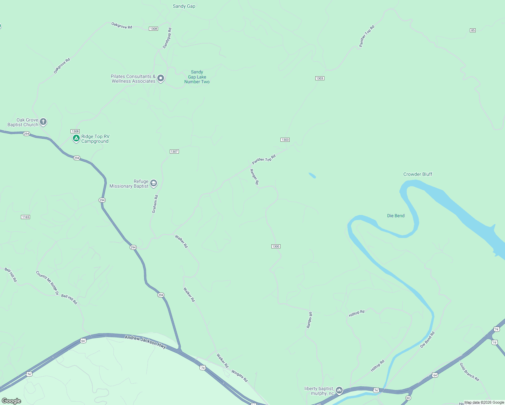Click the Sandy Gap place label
(184, 6)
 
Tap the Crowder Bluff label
(418, 174)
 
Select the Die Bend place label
(396, 216)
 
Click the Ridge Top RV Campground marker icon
(76, 138)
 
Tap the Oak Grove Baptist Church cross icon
(43, 122)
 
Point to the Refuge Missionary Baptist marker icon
(154, 183)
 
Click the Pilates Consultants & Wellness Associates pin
(161, 78)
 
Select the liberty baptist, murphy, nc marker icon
(339, 390)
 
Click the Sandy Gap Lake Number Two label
(197, 77)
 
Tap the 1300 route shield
(276, 246)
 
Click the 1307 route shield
(174, 152)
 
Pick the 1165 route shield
(26, 217)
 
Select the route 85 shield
(473, 30)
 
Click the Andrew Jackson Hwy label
(145, 342)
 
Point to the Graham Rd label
(155, 204)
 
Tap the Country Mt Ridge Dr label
(47, 283)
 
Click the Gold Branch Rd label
(469, 372)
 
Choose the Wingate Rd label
(239, 376)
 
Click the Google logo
(11, 401)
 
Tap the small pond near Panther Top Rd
(312, 175)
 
